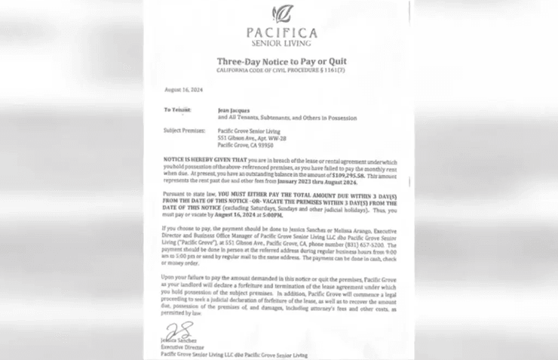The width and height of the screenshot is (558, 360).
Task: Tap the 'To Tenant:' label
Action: point(178,110)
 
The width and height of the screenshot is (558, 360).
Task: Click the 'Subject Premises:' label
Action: point(184,130)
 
